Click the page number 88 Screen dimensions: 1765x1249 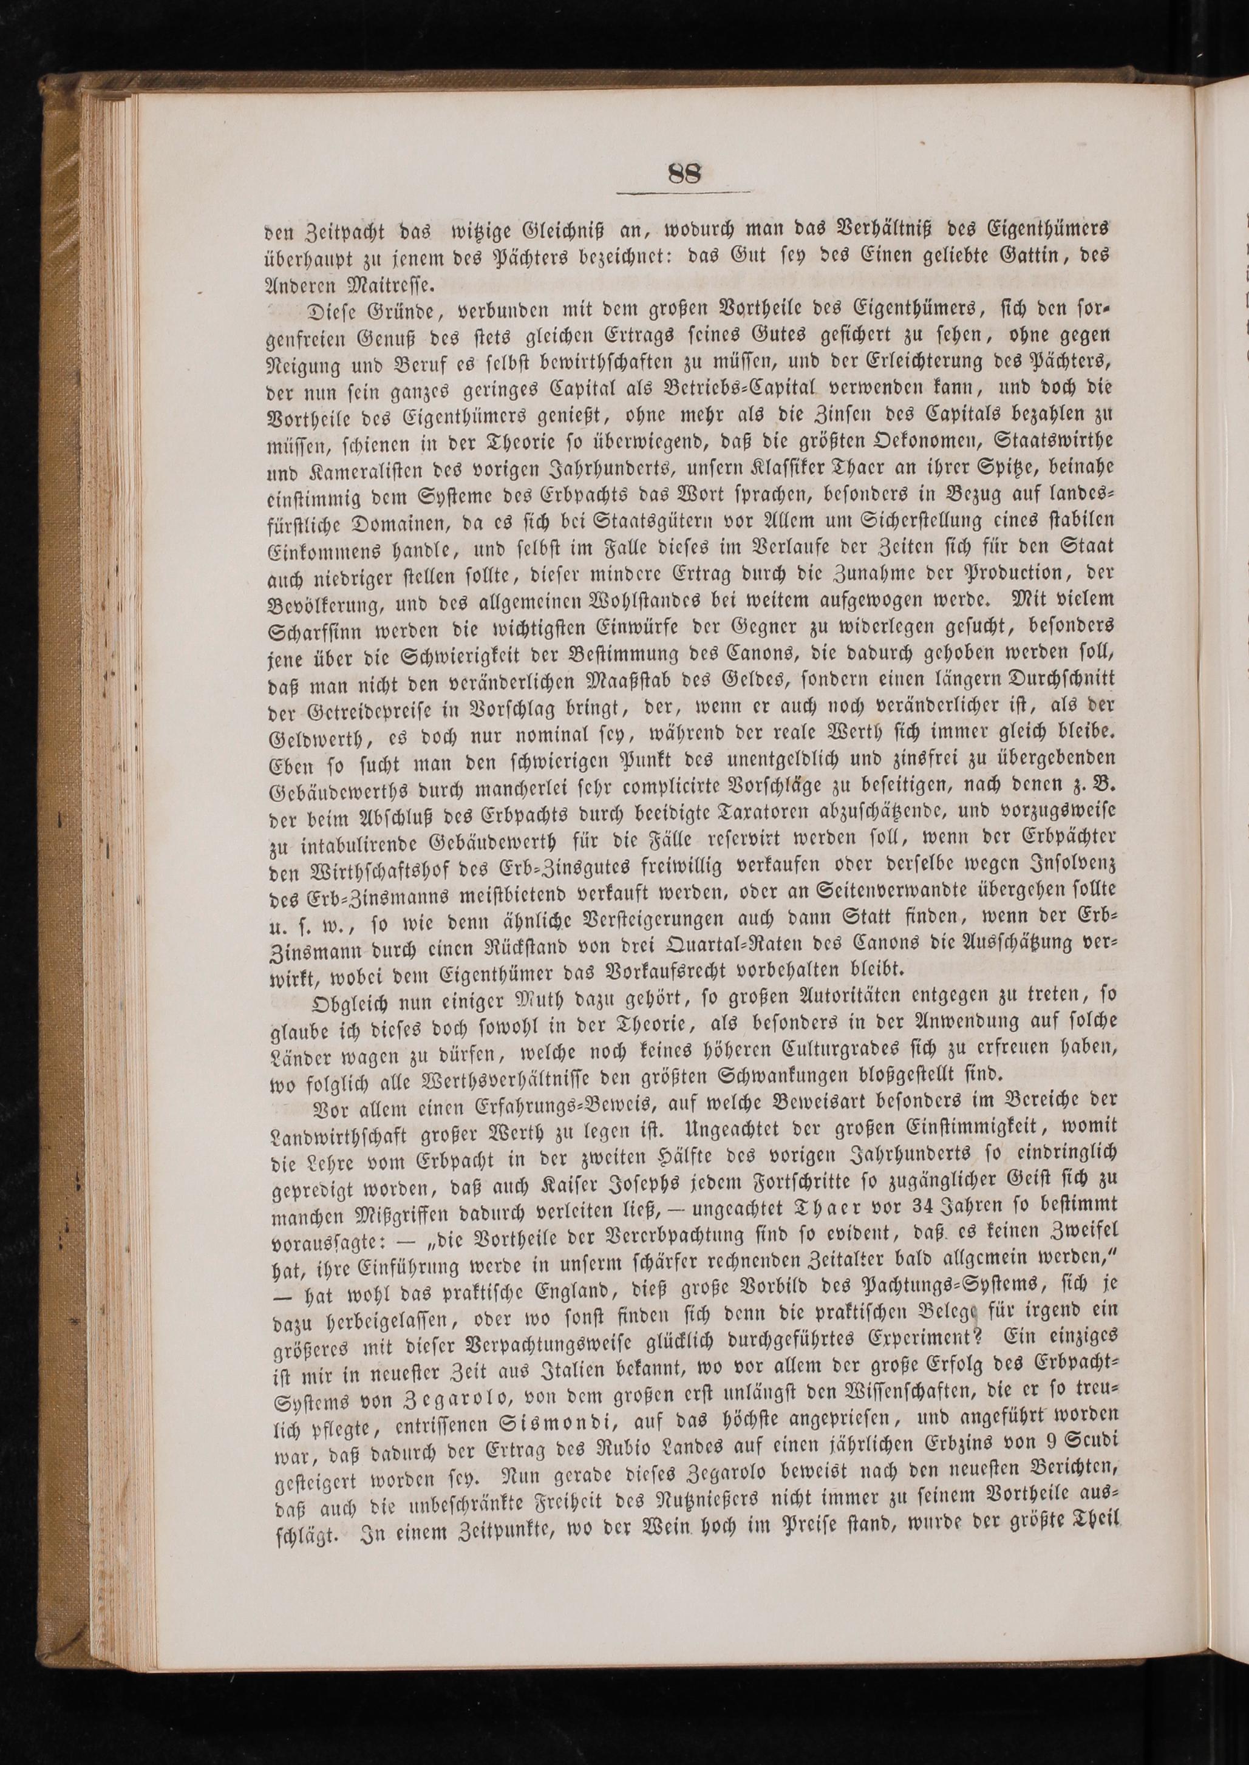pos(684,173)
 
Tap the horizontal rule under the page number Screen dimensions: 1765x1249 pos(684,192)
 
